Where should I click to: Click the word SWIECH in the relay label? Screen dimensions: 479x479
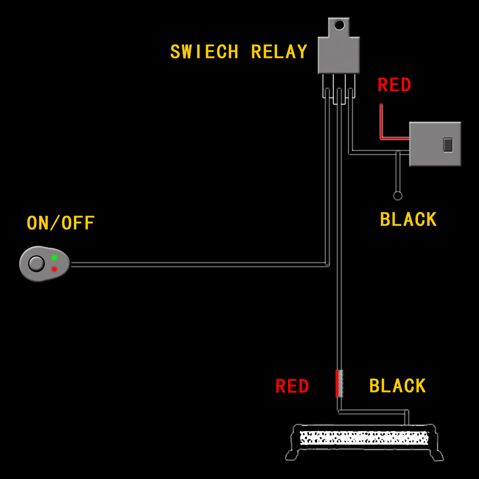click(x=204, y=52)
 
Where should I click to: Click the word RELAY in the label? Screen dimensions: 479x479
click(x=279, y=52)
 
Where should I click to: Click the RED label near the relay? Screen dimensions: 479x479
click(x=394, y=85)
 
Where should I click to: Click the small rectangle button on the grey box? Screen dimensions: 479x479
click(x=447, y=144)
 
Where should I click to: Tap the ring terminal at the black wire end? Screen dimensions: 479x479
click(x=397, y=196)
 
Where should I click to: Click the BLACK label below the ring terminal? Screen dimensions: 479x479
click(x=408, y=219)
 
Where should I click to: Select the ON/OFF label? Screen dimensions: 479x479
click(x=61, y=223)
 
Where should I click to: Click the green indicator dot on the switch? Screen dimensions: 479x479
click(x=54, y=258)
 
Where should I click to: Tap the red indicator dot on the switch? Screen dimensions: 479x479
click(x=54, y=269)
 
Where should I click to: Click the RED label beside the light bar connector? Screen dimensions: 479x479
click(x=292, y=386)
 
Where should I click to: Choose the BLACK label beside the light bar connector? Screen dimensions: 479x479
click(x=397, y=386)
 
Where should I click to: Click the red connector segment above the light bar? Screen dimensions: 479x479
click(x=337, y=383)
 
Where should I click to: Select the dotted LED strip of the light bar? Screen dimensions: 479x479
click(x=363, y=437)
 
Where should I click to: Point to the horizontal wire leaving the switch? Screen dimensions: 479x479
click(x=191, y=264)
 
